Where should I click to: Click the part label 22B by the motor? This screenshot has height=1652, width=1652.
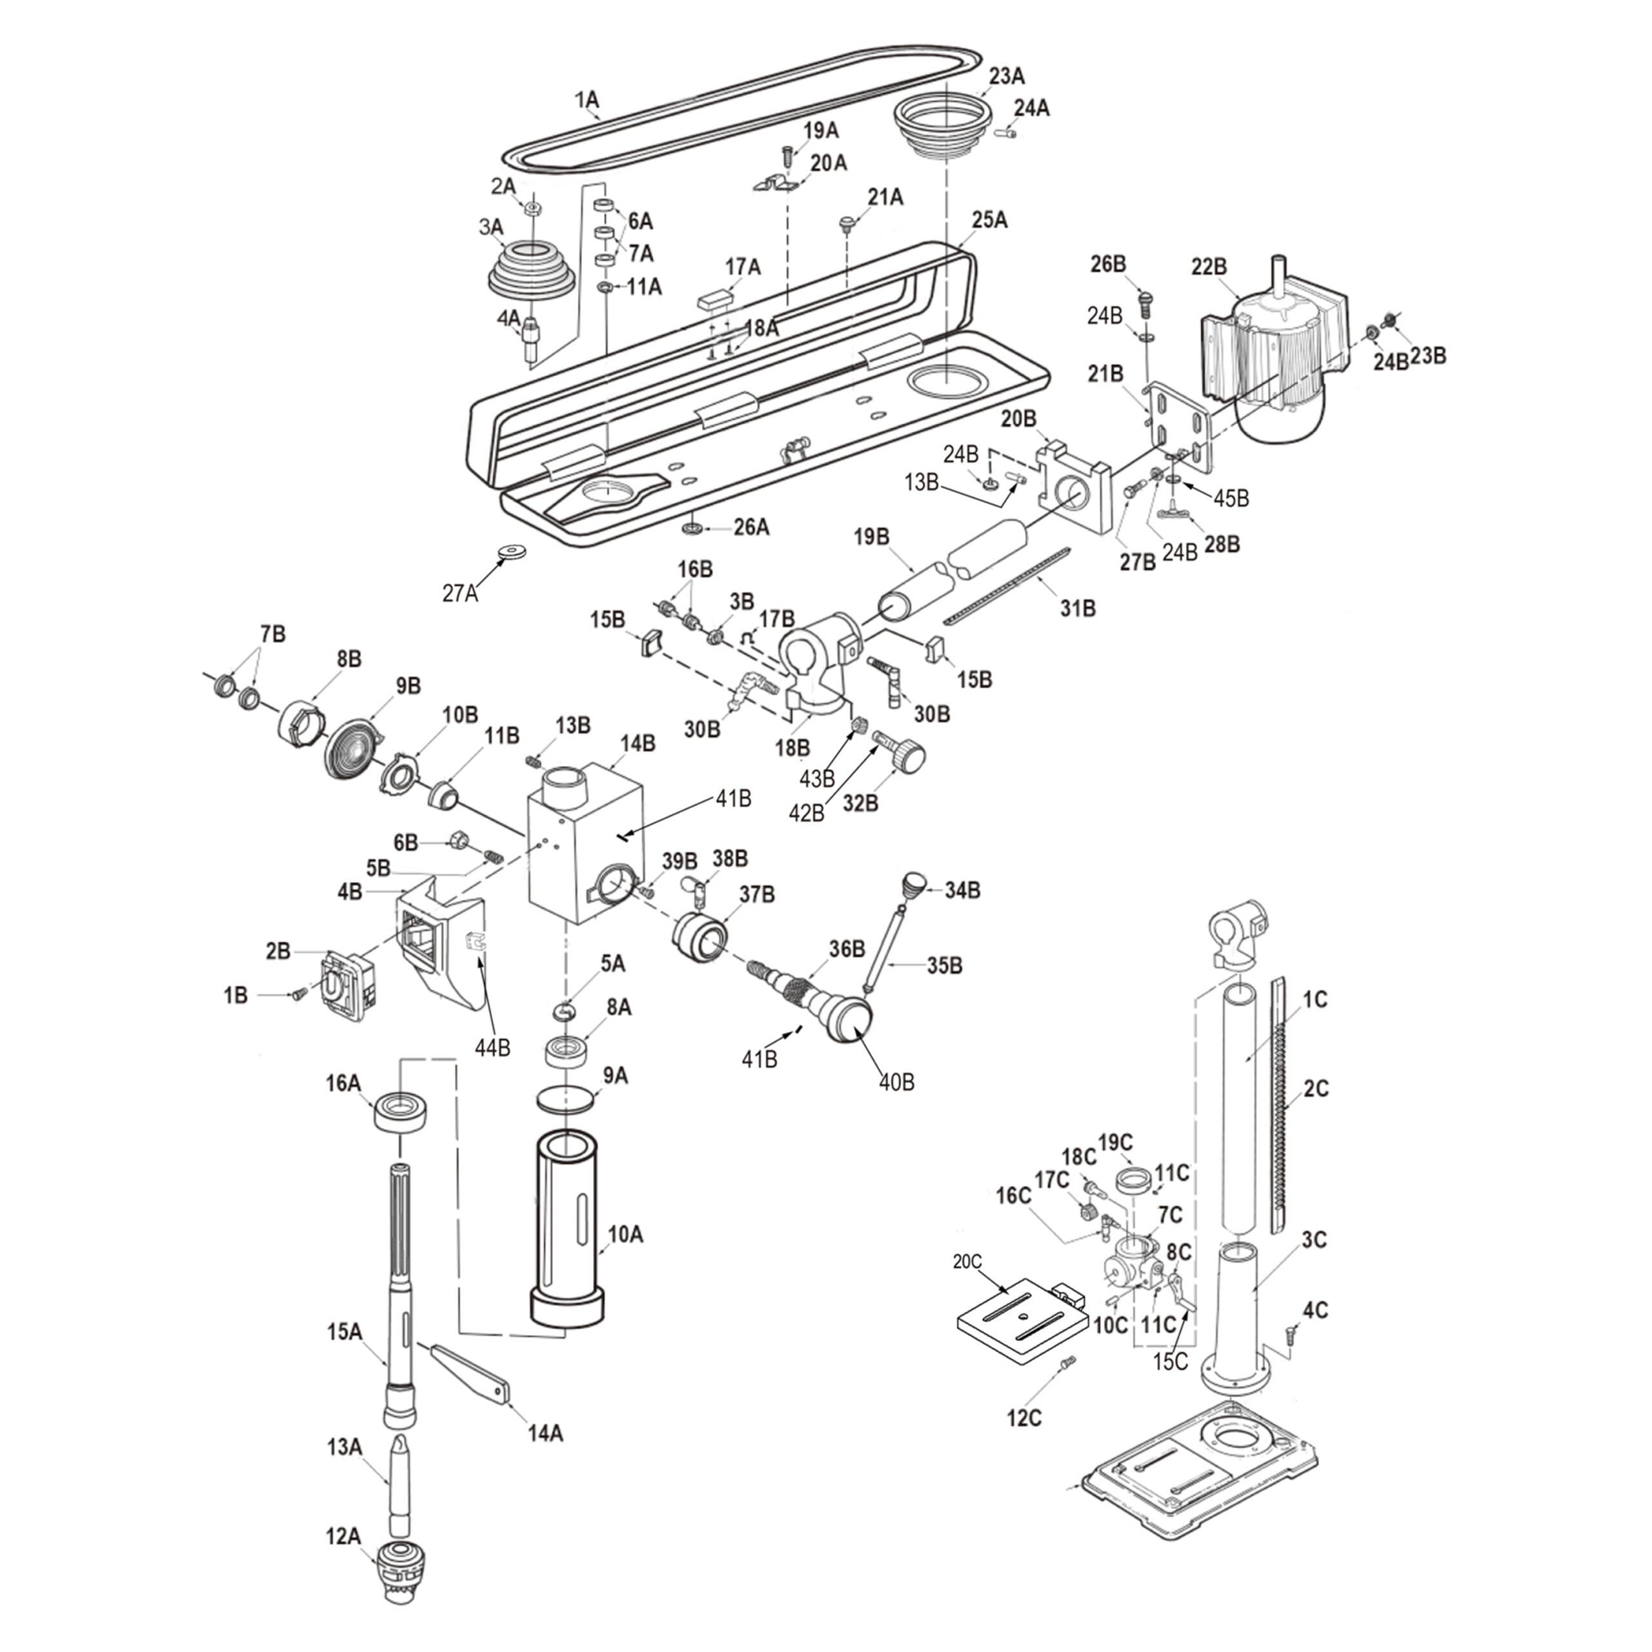click(1208, 267)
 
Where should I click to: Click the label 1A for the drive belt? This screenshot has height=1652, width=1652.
click(587, 100)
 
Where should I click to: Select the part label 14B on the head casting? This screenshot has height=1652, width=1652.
click(638, 744)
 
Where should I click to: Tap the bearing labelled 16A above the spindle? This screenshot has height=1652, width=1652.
click(400, 1113)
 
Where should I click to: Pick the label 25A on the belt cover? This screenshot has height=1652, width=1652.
click(989, 220)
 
